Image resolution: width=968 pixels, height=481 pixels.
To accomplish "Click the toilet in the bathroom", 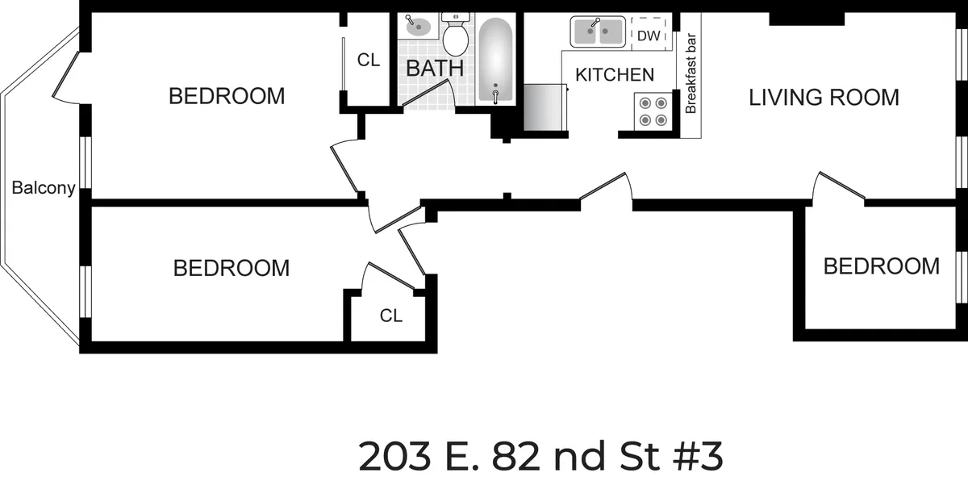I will [456, 36].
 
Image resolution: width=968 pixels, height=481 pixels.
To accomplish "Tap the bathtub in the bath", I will [494, 61].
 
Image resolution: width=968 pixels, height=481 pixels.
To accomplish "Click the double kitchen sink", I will [598, 32].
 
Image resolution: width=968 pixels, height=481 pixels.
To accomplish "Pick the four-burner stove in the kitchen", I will [653, 111].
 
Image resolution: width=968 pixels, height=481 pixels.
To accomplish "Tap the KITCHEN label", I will [614, 75].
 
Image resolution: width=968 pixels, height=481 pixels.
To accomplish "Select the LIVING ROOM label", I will [824, 98].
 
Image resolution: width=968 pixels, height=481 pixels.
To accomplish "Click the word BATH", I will [434, 69].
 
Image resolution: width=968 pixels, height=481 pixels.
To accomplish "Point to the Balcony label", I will [44, 189].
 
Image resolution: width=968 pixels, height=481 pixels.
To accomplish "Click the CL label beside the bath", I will [369, 60].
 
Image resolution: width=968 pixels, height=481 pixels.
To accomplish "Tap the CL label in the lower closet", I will [391, 316].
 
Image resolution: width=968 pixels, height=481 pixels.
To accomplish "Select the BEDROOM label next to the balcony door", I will [227, 96].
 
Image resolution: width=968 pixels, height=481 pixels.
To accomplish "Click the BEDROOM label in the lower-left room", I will [232, 268].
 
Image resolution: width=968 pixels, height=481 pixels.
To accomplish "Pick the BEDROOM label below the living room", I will [881, 266].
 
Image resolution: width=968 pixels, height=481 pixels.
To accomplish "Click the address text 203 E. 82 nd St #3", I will [540, 457].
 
